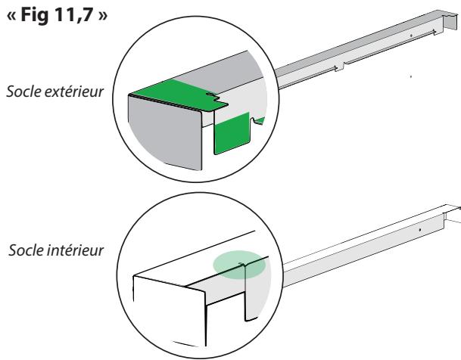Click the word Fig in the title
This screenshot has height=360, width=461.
click(x=34, y=14)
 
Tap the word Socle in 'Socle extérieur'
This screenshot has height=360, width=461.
click(x=24, y=91)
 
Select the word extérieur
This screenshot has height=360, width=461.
click(x=74, y=92)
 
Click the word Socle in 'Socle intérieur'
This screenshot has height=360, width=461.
click(x=26, y=250)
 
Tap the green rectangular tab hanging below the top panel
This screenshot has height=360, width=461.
click(x=232, y=134)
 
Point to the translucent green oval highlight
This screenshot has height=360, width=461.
click(x=239, y=265)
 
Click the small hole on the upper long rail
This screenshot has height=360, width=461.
click(x=411, y=36)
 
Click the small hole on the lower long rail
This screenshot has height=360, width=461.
click(x=420, y=229)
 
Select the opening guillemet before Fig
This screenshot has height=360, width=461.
click(x=11, y=16)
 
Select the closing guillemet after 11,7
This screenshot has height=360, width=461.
click(x=103, y=16)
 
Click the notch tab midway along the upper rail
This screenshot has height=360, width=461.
click(x=340, y=67)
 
